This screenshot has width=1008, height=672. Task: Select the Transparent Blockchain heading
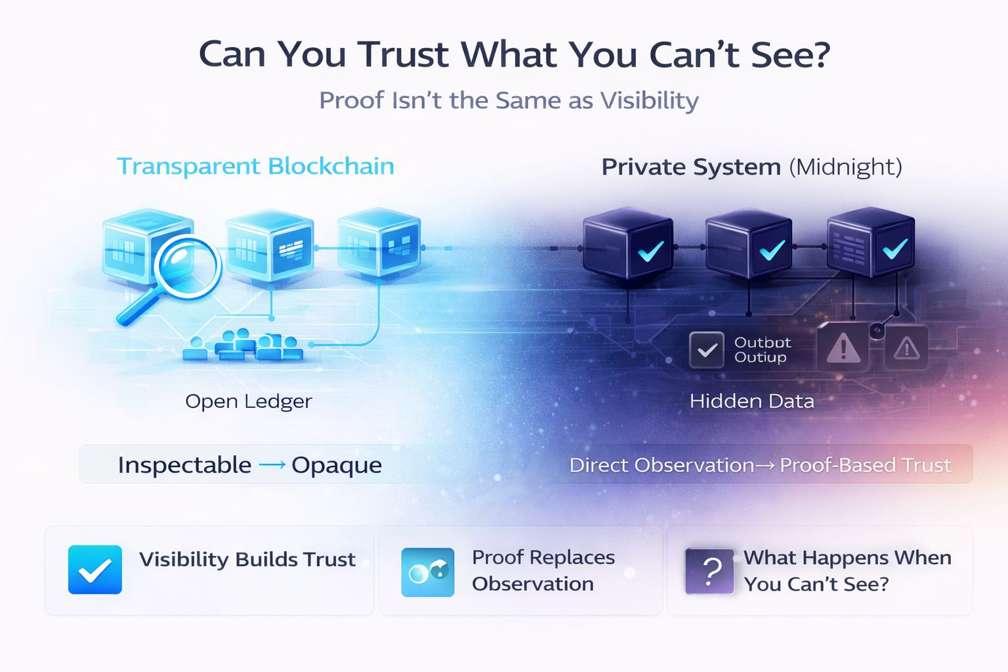point(255,166)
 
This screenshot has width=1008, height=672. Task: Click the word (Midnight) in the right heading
point(845,167)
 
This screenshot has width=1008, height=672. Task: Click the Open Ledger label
point(248,401)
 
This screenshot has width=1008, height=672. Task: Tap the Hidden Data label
point(751,401)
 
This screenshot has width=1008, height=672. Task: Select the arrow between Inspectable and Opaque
point(272,465)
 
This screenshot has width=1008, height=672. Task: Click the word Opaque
point(337,465)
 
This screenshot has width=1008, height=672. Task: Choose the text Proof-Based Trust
point(865,465)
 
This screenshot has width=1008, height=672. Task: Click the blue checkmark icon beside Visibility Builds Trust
point(95,570)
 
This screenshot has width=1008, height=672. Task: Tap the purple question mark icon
point(709,571)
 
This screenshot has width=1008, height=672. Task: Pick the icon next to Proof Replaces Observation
point(427,572)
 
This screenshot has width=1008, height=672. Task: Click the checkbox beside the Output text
point(706,350)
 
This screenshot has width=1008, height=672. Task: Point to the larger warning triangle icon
point(843,348)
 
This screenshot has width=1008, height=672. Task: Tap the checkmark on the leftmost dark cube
point(650,251)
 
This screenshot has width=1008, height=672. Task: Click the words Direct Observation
point(661,465)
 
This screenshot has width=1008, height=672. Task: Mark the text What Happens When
point(847,558)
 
